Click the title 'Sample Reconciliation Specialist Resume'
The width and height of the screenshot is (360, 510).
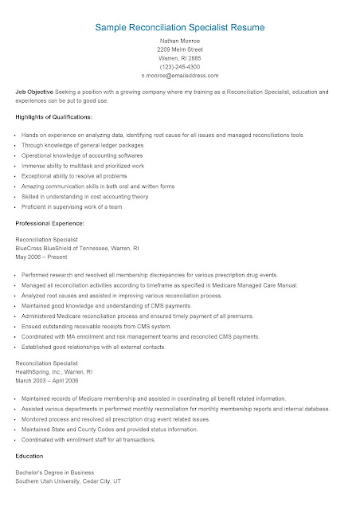click(x=179, y=27)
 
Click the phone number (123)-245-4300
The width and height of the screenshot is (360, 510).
click(x=179, y=79)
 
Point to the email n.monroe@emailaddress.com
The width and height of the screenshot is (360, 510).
click(x=179, y=89)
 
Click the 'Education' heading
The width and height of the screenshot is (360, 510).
click(x=30, y=457)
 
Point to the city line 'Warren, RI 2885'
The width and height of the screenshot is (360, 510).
click(x=179, y=69)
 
